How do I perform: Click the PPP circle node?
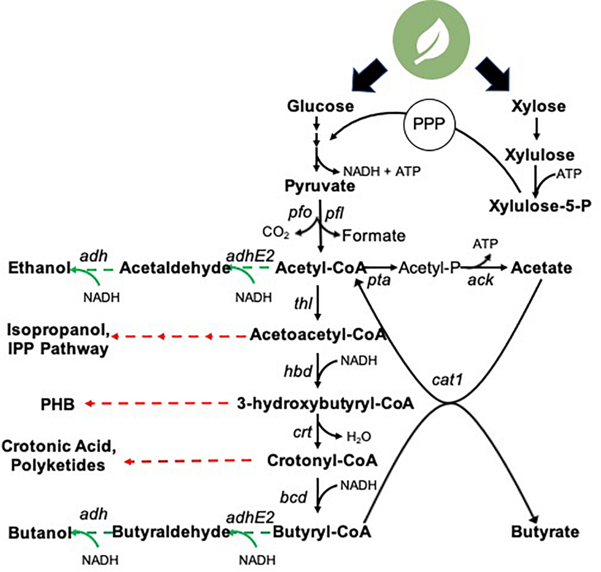pos(429,124)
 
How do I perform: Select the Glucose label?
pos(320,106)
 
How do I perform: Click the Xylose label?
pos(538,106)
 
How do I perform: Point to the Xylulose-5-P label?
pos(540,206)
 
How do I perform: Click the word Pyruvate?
pos(320,186)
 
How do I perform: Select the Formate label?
pos(374,236)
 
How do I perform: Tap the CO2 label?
pos(275,233)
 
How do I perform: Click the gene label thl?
pos(303,303)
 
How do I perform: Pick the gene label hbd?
pos(298,371)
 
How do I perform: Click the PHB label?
pos(58,404)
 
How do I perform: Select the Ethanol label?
pos(39,268)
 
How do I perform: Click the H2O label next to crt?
pos(359,437)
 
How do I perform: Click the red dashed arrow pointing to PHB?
pos(157,404)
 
